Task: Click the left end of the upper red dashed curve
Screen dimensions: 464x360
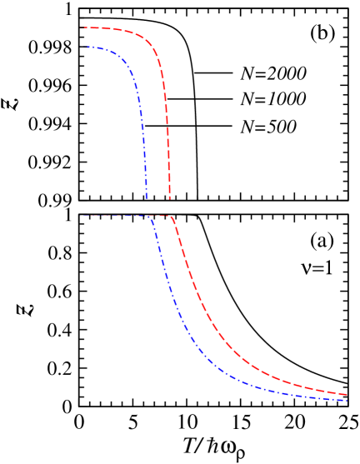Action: pos(82,28)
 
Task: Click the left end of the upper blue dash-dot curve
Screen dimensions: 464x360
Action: pos(85,47)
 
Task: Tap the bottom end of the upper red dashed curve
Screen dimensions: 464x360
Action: pos(170,199)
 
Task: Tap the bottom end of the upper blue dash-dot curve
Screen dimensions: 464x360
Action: pos(147,197)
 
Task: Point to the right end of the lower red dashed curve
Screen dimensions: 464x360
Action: pos(347,394)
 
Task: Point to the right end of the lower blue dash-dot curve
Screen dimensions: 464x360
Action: pos(347,401)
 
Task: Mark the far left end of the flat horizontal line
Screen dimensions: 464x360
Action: pos(83,216)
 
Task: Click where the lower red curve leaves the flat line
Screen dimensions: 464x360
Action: pos(172,217)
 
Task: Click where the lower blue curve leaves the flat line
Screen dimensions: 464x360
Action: pos(150,217)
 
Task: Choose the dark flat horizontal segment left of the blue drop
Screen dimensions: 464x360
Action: pos(117,216)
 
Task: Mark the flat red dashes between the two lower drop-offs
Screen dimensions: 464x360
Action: pos(162,216)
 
